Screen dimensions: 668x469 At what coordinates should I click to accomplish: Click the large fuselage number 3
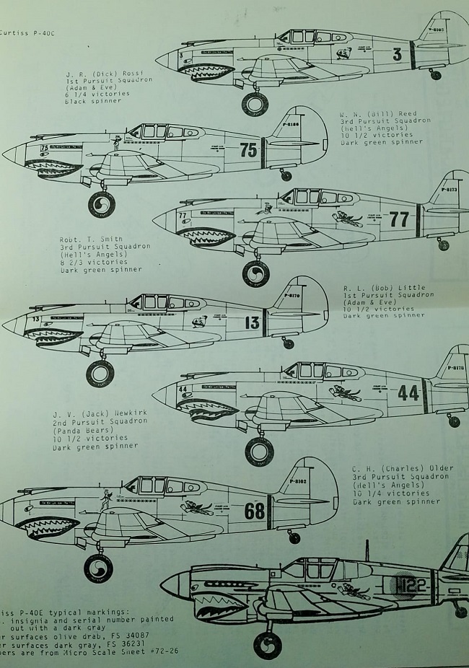click(x=397, y=53)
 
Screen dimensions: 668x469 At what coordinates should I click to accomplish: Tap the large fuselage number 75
click(x=248, y=151)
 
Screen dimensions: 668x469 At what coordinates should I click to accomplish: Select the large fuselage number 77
click(x=399, y=219)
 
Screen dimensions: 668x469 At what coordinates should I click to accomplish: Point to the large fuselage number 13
click(x=252, y=322)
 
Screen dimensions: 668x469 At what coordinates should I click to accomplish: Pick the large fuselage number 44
click(x=408, y=392)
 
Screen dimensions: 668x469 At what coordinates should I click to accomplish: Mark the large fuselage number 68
click(x=255, y=511)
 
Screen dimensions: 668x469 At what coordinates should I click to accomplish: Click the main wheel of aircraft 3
click(x=254, y=103)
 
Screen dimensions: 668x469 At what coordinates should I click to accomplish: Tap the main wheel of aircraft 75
click(x=101, y=204)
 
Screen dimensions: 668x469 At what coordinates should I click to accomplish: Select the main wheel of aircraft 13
click(x=100, y=373)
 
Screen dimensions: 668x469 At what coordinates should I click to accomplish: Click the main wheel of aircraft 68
click(x=98, y=568)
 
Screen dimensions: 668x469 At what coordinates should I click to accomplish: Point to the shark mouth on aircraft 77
click(x=206, y=236)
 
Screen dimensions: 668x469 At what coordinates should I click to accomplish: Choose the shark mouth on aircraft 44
click(x=208, y=409)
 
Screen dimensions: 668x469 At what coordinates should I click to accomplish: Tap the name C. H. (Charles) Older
click(x=403, y=468)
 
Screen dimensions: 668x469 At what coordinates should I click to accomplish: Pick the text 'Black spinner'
click(x=93, y=101)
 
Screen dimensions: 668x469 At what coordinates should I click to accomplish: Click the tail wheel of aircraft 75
click(x=286, y=175)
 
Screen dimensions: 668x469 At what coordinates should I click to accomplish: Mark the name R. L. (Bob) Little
click(x=384, y=288)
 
